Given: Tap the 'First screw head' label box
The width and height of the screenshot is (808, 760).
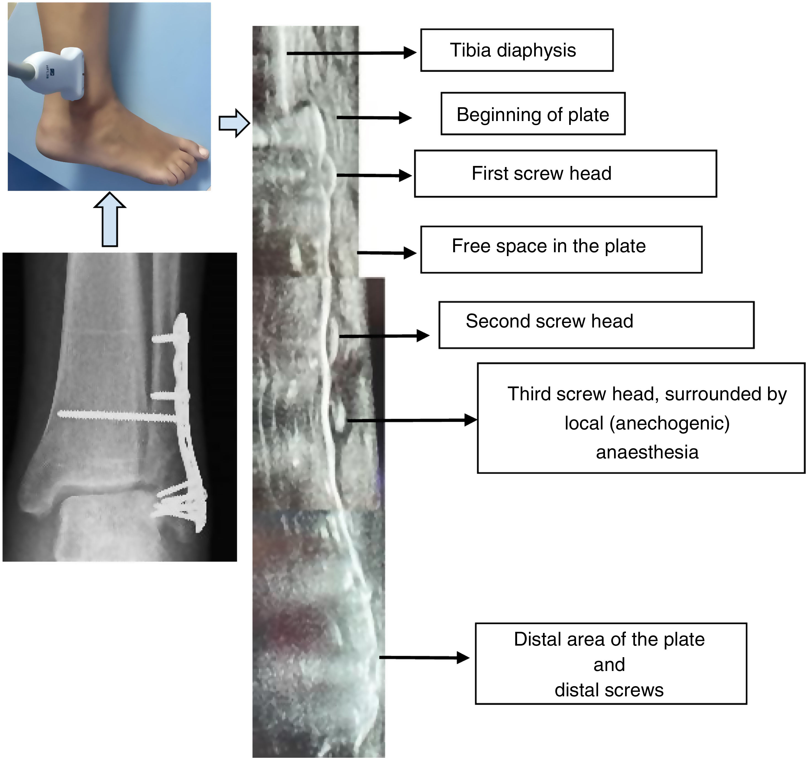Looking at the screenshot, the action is pyautogui.click(x=565, y=174).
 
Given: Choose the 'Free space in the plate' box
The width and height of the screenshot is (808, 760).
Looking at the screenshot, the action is pyautogui.click(x=561, y=249).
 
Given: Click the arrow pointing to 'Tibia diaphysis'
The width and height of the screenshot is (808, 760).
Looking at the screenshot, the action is pyautogui.click(x=351, y=53).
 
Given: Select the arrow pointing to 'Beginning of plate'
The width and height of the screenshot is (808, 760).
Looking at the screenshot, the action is pyautogui.click(x=374, y=117).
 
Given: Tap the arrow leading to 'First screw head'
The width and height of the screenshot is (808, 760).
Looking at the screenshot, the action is pyautogui.click(x=374, y=175).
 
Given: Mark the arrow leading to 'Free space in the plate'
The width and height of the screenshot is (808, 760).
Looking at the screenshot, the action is pyautogui.click(x=386, y=253).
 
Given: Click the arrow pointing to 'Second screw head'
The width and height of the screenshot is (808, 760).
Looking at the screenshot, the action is pyautogui.click(x=384, y=336).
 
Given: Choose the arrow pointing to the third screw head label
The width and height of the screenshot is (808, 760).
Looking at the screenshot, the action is pyautogui.click(x=411, y=420).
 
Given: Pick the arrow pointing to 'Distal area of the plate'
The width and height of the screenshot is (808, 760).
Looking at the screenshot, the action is pyautogui.click(x=424, y=657).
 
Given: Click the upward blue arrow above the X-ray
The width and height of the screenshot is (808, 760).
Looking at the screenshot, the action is pyautogui.click(x=110, y=220).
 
